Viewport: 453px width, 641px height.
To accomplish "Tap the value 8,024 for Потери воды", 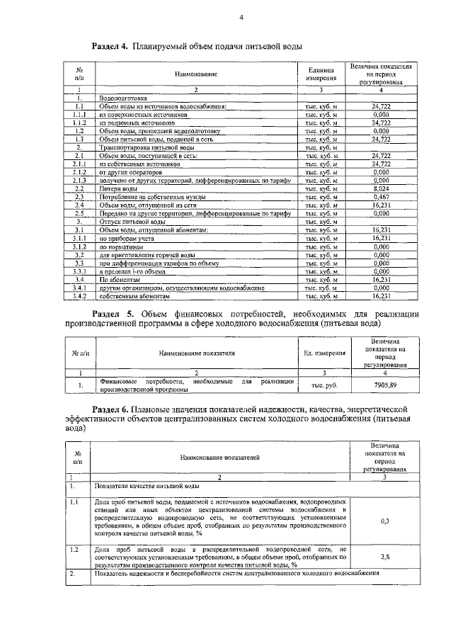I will (x=381, y=189).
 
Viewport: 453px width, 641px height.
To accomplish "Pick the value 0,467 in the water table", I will (x=381, y=197).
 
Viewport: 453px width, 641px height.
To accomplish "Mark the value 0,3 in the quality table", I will (x=385, y=521).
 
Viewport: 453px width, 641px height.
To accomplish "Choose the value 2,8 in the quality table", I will (x=385, y=557).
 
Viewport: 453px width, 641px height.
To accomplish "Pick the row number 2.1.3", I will (x=80, y=181).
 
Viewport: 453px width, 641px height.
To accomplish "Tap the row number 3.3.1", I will (x=80, y=271).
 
